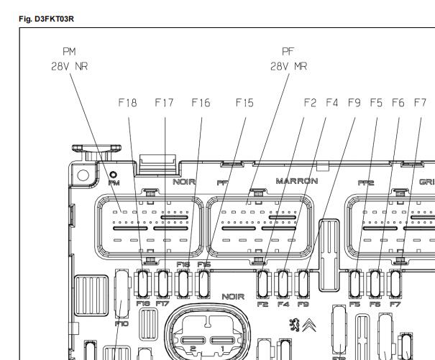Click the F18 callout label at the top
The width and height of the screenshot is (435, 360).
pos(127,103)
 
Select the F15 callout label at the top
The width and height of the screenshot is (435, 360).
pos(244,103)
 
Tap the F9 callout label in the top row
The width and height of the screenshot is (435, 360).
pos(354,103)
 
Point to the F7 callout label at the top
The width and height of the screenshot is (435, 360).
pos(419,103)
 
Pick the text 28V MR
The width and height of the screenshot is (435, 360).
pos(289,65)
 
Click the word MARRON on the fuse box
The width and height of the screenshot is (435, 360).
pos(296,181)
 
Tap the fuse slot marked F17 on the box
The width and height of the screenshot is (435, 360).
pos(165,286)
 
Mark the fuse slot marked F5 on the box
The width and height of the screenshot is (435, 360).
pos(354,283)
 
